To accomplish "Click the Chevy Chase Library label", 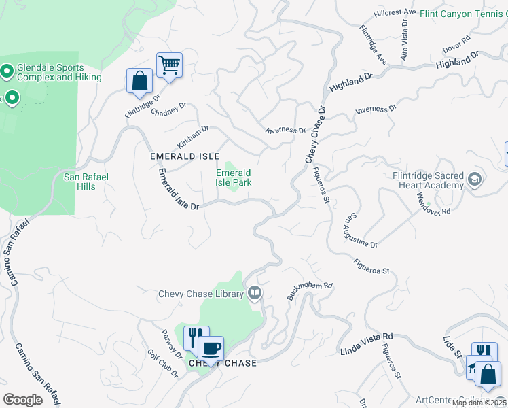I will click(x=200, y=294).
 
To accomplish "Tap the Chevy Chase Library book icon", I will click(x=255, y=293).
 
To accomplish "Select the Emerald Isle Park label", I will click(x=234, y=177).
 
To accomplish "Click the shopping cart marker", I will click(x=169, y=66).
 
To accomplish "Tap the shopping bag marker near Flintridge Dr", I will click(x=139, y=80).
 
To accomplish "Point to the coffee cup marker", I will click(x=211, y=348).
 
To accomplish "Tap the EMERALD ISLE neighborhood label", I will click(x=185, y=156).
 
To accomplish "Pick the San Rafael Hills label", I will click(x=86, y=182).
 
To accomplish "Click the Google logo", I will click(x=22, y=399).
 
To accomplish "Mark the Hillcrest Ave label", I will click(x=395, y=12).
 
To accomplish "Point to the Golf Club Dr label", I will click(x=162, y=365).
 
